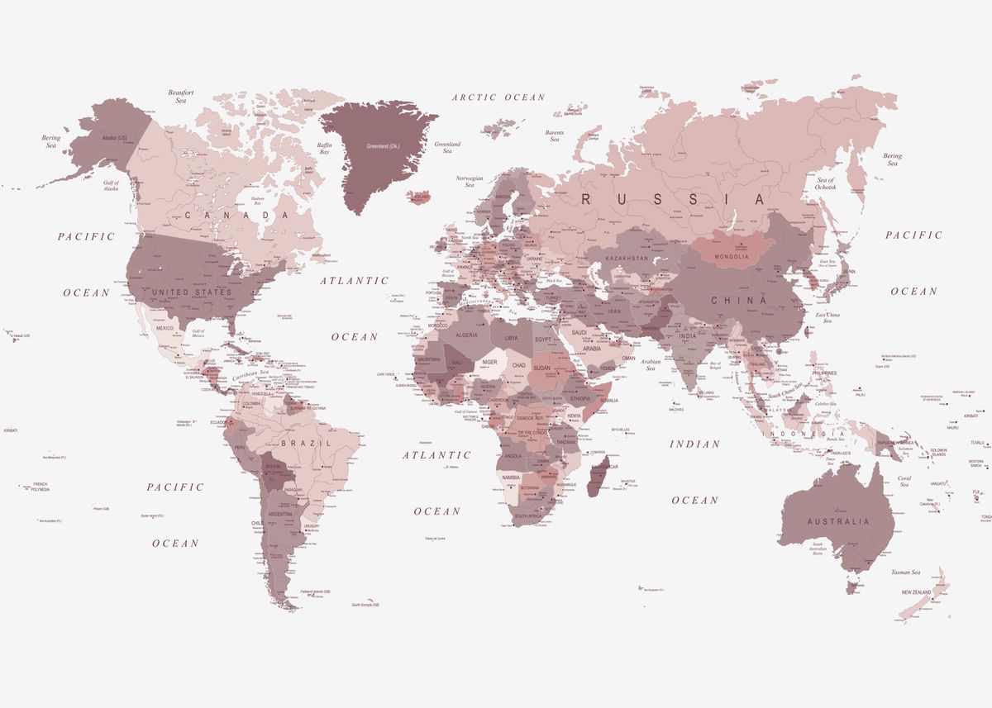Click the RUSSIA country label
click(673, 199)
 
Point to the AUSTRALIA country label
click(838, 521)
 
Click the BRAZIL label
click(305, 443)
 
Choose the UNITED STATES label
click(191, 292)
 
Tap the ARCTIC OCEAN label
click(498, 97)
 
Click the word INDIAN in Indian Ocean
click(694, 444)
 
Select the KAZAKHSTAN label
click(627, 259)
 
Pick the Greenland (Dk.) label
click(383, 146)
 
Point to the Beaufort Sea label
click(181, 96)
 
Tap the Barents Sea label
click(555, 135)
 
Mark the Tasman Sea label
click(905, 573)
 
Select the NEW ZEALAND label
click(916, 592)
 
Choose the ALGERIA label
click(467, 335)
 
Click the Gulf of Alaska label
click(112, 185)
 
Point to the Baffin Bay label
click(324, 149)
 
